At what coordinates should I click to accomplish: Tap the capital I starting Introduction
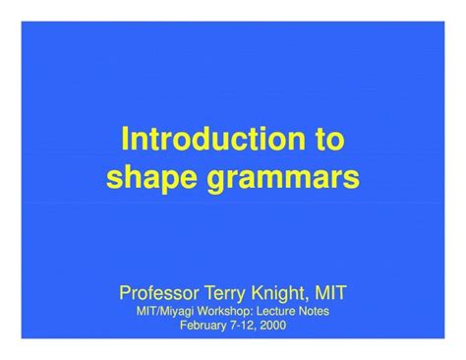tap(124, 140)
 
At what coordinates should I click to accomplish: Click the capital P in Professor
tap(125, 292)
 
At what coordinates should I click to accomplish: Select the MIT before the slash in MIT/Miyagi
tap(147, 310)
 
